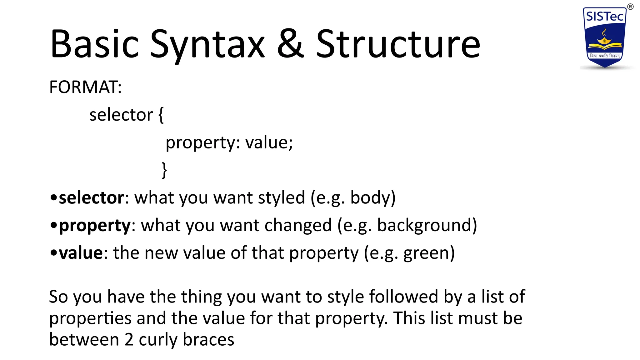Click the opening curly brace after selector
point(161,115)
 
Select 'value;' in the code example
point(269,143)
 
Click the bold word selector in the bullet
point(91,198)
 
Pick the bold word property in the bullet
point(95,226)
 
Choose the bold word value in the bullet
point(81,253)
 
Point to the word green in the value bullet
point(426,253)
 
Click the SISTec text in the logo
point(604,17)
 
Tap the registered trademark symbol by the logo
point(630,7)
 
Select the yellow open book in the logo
point(604,46)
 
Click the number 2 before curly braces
point(129,340)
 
